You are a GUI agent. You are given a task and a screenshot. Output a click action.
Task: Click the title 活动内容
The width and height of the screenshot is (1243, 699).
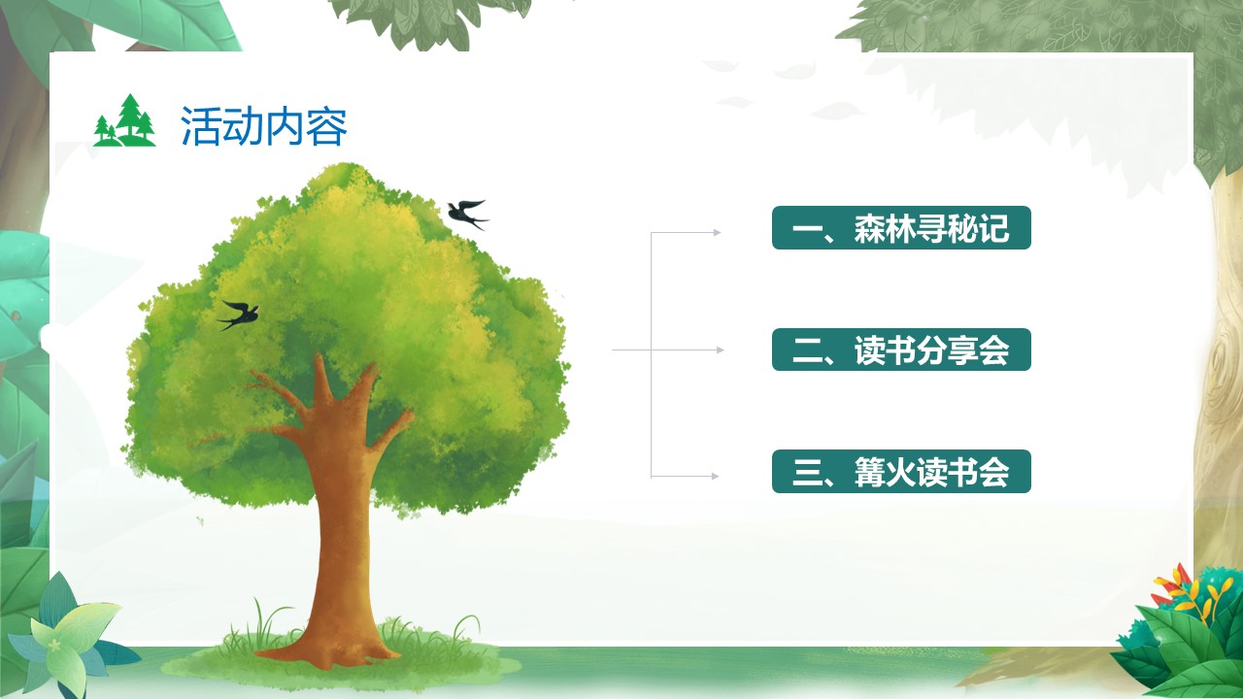pos(264,126)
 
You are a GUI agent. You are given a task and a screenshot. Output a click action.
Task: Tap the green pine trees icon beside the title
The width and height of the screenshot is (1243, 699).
pos(124,120)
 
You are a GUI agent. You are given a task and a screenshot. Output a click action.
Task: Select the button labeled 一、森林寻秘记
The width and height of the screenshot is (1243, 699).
pos(901,227)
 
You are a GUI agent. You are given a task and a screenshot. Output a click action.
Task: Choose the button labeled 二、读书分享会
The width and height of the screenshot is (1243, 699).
pos(901,349)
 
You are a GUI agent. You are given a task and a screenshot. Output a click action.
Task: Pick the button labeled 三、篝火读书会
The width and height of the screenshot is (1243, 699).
pos(901,472)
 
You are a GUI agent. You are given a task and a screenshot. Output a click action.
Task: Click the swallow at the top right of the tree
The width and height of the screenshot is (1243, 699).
pos(467,215)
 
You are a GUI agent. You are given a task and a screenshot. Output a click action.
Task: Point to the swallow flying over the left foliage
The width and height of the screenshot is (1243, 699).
pos(239,315)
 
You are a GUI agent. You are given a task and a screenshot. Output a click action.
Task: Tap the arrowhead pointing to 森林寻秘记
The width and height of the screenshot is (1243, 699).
pos(717,232)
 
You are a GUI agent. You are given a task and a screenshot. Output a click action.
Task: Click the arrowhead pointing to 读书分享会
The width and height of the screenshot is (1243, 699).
pos(721,350)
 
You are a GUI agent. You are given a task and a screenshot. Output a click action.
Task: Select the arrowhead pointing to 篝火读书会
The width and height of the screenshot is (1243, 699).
pos(716,476)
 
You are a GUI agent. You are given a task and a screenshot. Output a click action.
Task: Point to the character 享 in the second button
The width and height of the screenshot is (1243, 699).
pos(962,350)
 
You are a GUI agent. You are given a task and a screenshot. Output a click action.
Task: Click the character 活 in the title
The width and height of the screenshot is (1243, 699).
pos(201,126)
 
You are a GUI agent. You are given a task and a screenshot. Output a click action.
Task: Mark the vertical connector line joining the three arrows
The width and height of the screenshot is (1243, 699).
pos(651,354)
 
